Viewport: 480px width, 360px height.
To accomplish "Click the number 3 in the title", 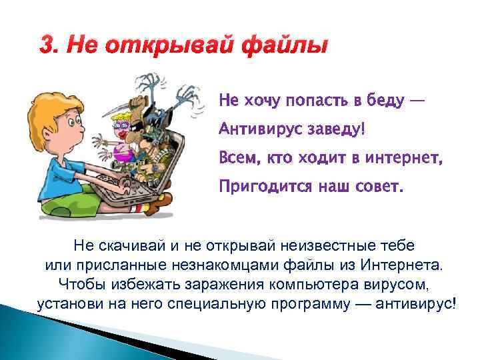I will (x=45, y=47).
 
